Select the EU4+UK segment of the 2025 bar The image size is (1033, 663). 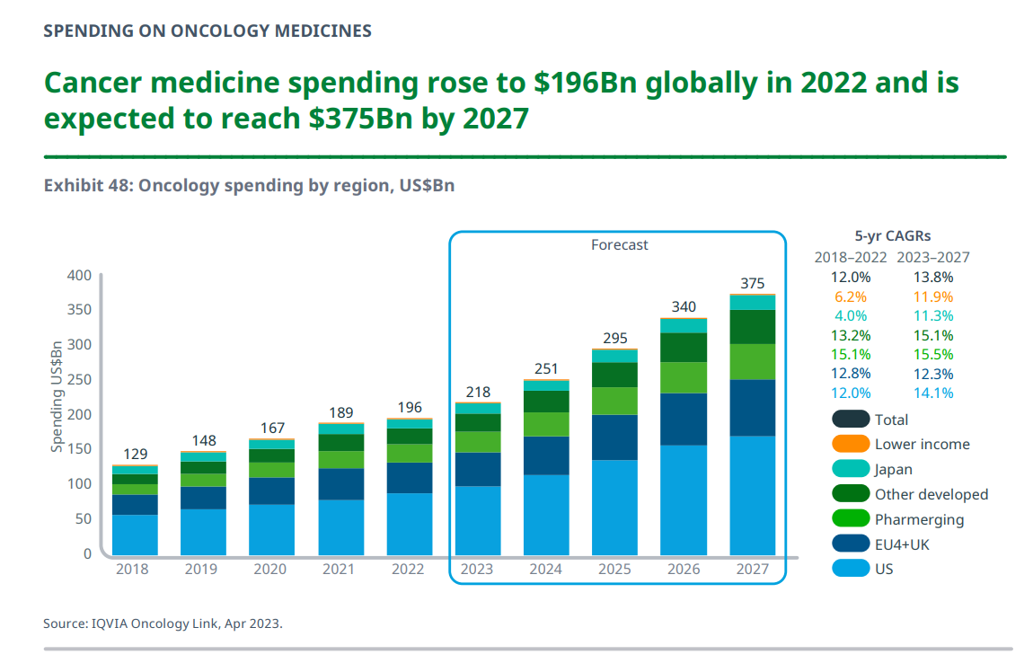614,438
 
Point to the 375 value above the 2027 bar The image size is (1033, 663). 752,283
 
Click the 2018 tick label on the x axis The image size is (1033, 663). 133,569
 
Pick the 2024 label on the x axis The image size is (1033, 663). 545,569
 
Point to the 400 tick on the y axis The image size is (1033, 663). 79,275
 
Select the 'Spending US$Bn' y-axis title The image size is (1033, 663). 57,396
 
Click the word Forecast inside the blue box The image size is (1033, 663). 619,244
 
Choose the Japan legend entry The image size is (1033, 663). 893,469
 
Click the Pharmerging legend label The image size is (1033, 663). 919,519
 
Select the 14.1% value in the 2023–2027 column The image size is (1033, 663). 933,393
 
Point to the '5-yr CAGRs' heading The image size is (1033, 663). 892,236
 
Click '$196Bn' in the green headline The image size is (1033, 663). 586,83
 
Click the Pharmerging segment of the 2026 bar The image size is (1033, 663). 683,377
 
